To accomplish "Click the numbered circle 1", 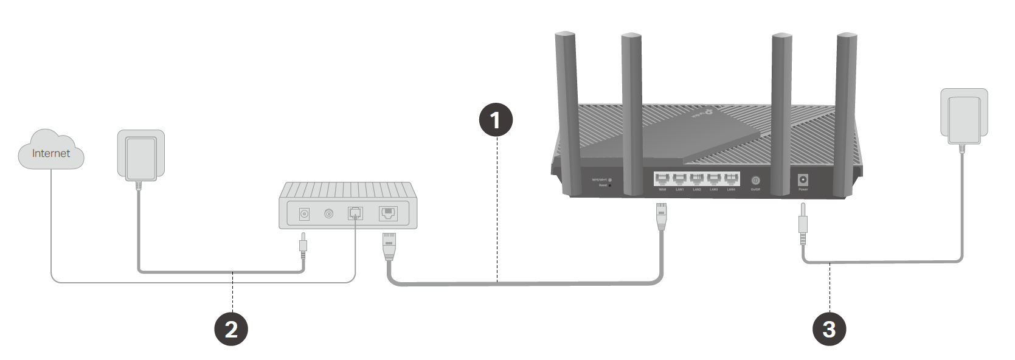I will [496, 120].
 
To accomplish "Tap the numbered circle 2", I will [231, 329].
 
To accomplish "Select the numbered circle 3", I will [829, 329].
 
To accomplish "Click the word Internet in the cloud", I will [51, 153].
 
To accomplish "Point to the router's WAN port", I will [662, 179].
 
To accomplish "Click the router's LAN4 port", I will [731, 179].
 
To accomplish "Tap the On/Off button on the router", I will [755, 181].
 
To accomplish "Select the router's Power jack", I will [803, 180].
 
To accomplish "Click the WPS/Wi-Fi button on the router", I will [609, 180].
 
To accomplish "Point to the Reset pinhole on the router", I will [609, 185].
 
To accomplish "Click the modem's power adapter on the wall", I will [140, 156].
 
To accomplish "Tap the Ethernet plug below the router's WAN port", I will [661, 216].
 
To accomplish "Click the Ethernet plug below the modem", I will [389, 246].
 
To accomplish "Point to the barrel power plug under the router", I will [803, 224].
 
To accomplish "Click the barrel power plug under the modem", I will [303, 244].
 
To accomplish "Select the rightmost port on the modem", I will [388, 213].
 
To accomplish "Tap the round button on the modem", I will [329, 214].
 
